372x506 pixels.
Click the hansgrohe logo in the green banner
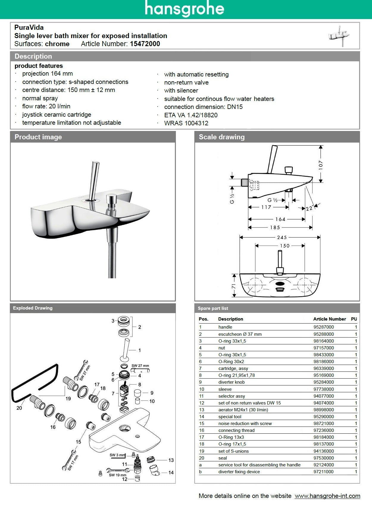[185, 9]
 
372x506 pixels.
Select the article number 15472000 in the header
[145, 44]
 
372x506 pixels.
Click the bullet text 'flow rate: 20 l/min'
[46, 106]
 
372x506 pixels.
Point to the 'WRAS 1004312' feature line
[186, 123]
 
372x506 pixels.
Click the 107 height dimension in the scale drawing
[321, 165]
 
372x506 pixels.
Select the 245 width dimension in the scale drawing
[282, 237]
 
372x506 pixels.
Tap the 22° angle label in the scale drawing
[309, 208]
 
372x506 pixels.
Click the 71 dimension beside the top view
[234, 286]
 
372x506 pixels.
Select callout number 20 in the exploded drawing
[19, 408]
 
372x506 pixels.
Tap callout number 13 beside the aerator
[171, 460]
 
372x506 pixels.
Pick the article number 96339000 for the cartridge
[323, 368]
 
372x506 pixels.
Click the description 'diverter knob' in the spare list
[231, 382]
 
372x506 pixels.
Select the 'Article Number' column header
[329, 319]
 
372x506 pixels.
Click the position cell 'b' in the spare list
[200, 472]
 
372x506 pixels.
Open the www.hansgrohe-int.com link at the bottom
[327, 496]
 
